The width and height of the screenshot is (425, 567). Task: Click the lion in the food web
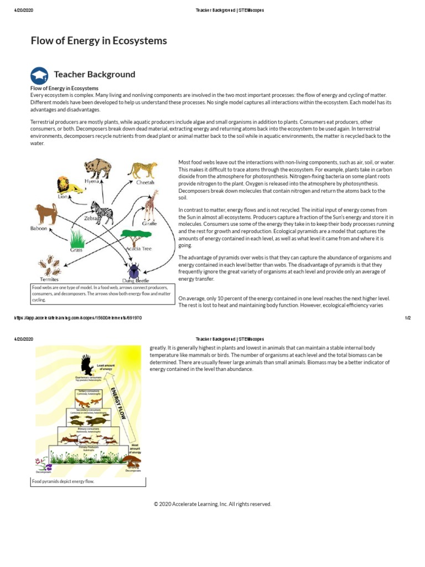point(70,185)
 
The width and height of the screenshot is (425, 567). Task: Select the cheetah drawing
point(143,170)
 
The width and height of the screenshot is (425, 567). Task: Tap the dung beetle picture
point(134,271)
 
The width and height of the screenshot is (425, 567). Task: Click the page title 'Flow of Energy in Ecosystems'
point(98,40)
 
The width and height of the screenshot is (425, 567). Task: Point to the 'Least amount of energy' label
point(106,367)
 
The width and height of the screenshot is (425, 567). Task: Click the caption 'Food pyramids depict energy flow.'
point(63,482)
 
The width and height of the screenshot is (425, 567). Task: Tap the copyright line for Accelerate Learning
point(212,504)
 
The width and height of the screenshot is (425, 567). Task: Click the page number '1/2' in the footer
point(408,318)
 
